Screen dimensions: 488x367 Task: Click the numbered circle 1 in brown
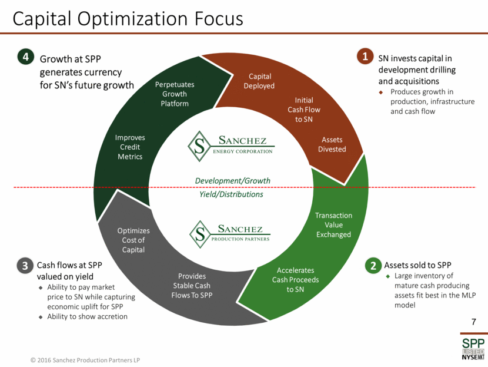coord(365,56)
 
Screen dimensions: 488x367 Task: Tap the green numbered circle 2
coord(373,265)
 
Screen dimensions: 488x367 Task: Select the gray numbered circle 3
coord(25,266)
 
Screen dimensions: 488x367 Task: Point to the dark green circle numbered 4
coord(26,57)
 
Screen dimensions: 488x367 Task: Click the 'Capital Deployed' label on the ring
coord(259,81)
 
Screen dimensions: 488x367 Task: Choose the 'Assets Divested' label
coord(332,144)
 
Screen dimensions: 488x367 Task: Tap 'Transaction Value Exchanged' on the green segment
coord(333,225)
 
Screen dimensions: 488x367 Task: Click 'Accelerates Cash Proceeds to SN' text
coord(295,280)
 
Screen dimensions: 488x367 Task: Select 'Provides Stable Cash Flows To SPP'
coord(192,286)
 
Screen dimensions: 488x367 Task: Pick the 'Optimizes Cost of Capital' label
coord(133,240)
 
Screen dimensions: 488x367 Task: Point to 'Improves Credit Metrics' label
coord(130,147)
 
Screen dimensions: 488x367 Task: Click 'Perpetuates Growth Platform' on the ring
coord(175,94)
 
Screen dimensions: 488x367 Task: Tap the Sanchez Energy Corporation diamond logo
coord(199,146)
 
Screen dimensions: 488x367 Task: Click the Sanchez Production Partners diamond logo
coord(200,234)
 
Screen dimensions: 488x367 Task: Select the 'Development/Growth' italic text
coord(232,181)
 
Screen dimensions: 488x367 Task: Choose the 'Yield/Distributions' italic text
coord(231,194)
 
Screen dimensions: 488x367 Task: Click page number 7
coord(474,322)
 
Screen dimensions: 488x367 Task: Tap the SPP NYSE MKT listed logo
coord(473,349)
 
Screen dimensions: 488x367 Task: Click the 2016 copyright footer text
coord(85,360)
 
